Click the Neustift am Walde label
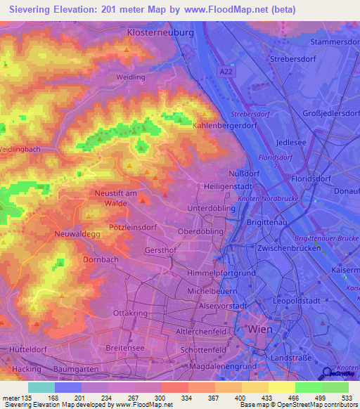click(x=120, y=197)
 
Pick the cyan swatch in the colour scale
click(x=41, y=387)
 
